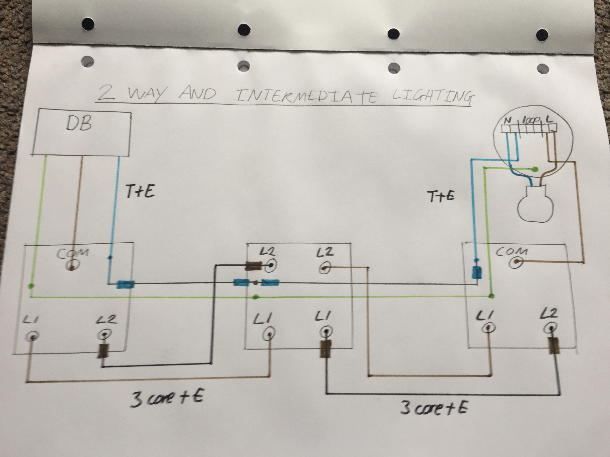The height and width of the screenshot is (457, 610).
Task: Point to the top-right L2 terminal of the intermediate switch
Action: pyautogui.click(x=326, y=268)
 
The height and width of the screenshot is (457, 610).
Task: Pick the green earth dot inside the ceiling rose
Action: pyautogui.click(x=535, y=169)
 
